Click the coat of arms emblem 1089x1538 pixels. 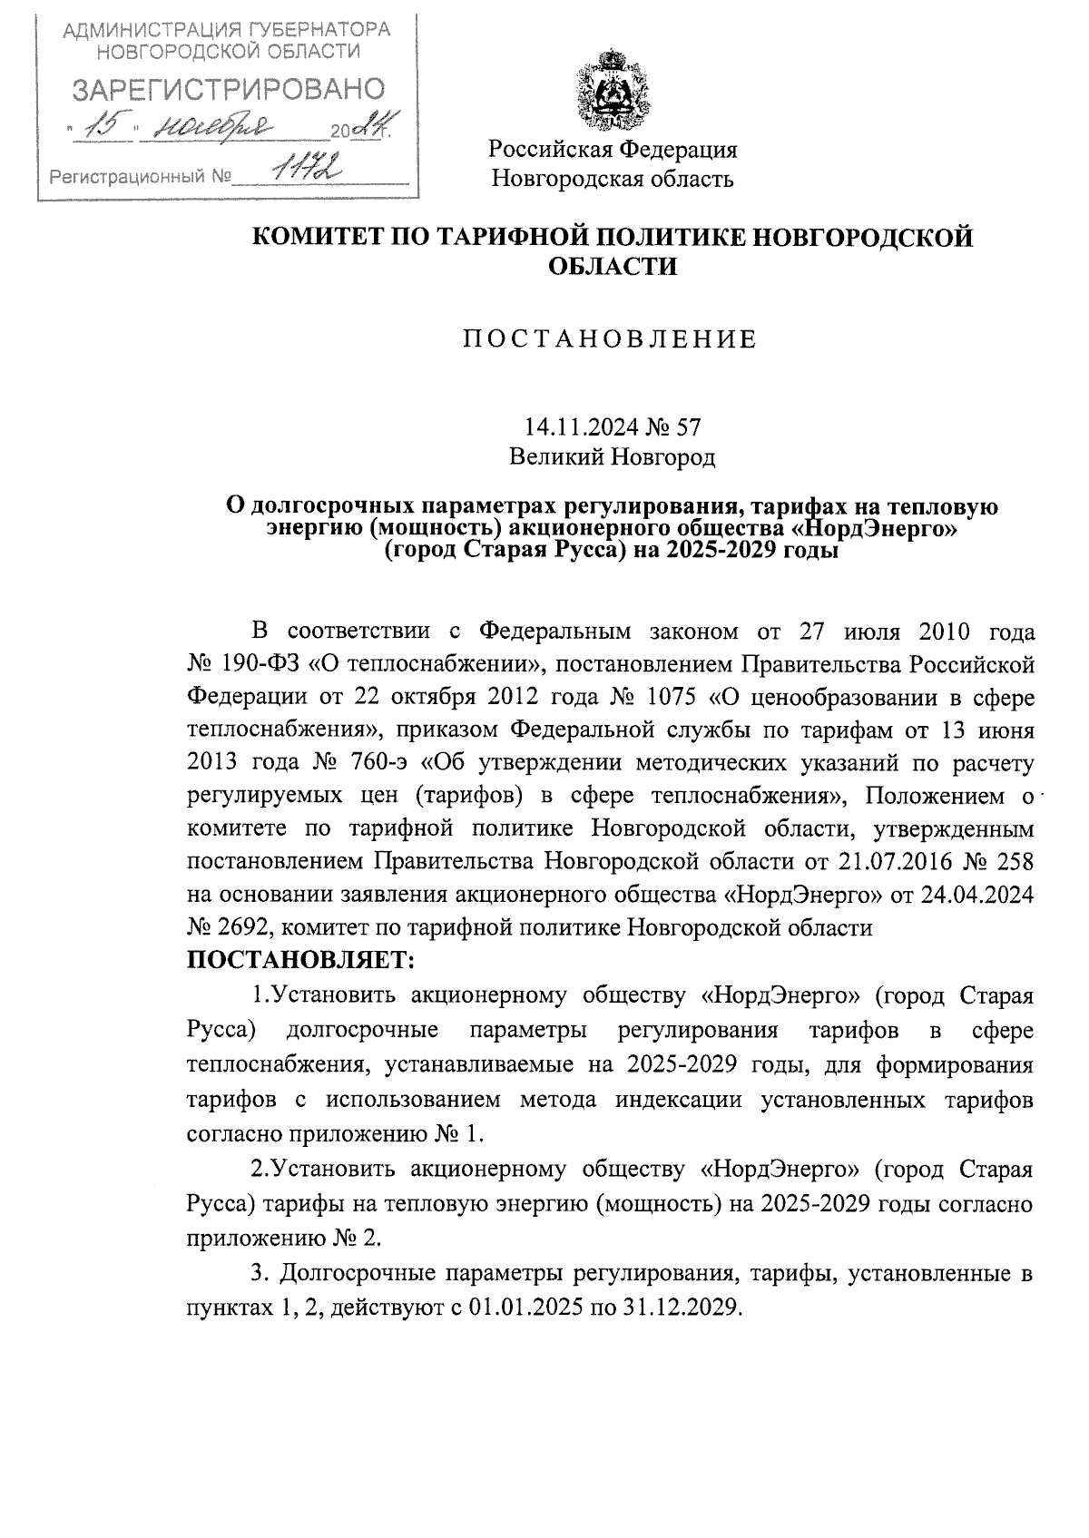tap(613, 92)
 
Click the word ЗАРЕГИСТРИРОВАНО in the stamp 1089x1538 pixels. tap(228, 89)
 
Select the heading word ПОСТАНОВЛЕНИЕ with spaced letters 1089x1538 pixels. tap(611, 340)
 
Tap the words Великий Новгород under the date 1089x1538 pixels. tap(612, 457)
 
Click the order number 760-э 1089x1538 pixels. tap(358, 764)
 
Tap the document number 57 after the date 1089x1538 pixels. tap(688, 426)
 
